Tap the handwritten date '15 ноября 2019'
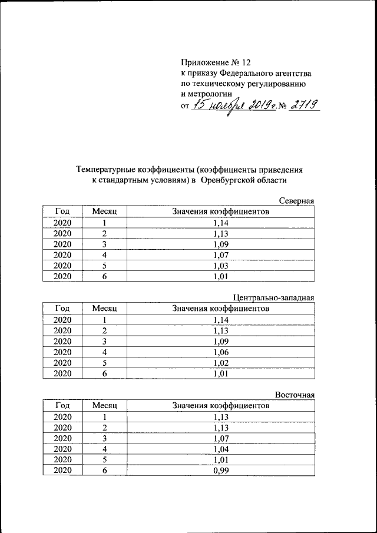230,105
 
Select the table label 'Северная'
296,201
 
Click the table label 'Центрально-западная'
274,297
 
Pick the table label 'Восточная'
295,395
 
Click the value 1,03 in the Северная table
220,265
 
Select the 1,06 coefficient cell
220,352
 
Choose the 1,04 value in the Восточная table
220,448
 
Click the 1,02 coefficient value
220,362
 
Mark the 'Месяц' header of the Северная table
105,211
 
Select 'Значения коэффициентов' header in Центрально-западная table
220,308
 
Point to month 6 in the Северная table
105,276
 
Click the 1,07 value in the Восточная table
220,438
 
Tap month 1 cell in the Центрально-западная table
105,319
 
